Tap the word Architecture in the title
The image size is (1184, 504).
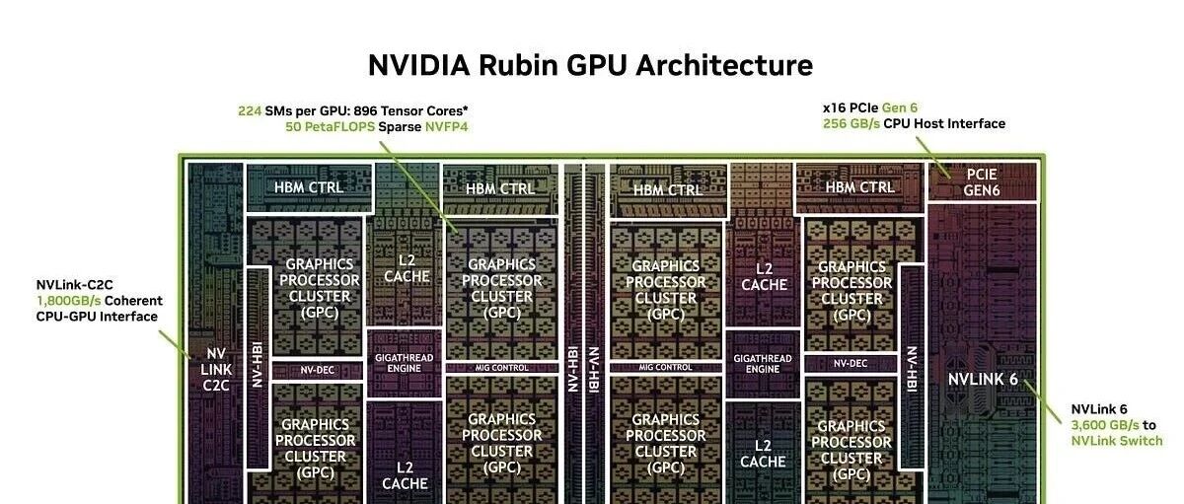click(x=724, y=65)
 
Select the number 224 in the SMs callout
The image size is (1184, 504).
click(x=250, y=110)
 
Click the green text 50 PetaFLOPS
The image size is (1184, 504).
click(x=330, y=127)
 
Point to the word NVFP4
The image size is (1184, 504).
click(x=447, y=127)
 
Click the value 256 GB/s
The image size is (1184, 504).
click(x=851, y=123)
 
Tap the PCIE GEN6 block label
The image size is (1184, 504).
click(x=982, y=182)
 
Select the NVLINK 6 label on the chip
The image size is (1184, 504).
click(x=983, y=380)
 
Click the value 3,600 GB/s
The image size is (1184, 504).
click(x=1105, y=425)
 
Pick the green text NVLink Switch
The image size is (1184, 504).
click(x=1117, y=441)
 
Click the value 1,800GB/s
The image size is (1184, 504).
click(x=68, y=301)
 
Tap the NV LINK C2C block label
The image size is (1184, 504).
click(x=216, y=369)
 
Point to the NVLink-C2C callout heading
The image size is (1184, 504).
click(x=75, y=285)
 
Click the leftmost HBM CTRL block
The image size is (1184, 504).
click(x=309, y=187)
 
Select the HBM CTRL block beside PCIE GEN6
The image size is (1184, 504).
click(x=860, y=187)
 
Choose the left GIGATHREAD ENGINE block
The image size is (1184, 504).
click(x=405, y=363)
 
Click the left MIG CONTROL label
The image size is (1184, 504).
click(x=501, y=368)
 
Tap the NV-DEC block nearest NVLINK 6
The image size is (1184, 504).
click(x=851, y=364)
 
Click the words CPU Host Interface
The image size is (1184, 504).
click(x=944, y=123)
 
